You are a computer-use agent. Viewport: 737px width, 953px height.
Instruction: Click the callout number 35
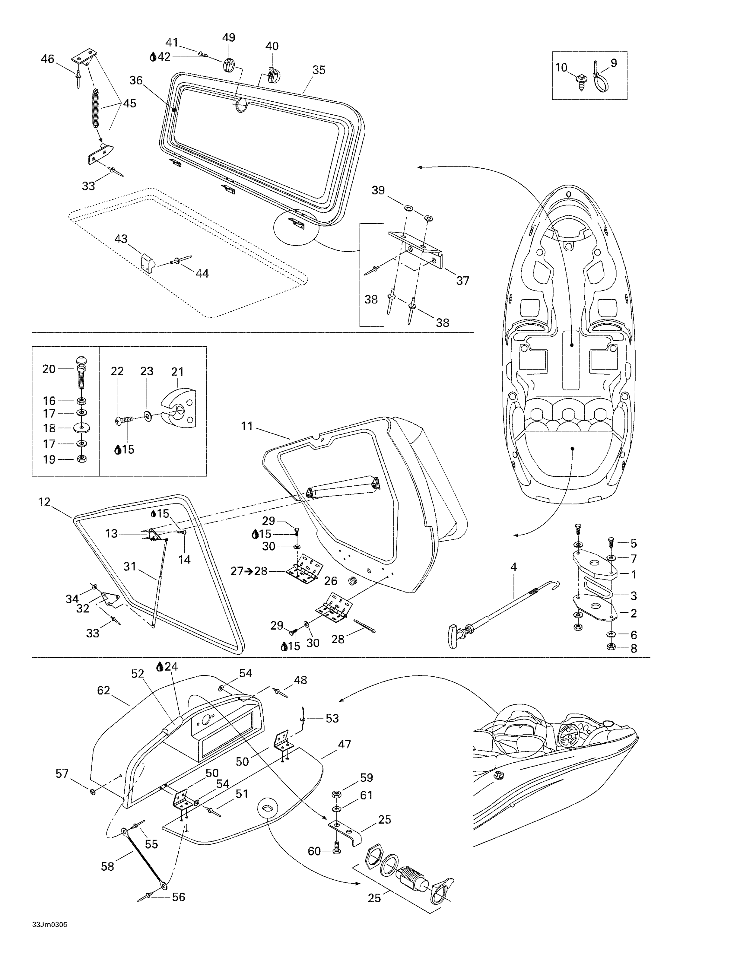pos(319,70)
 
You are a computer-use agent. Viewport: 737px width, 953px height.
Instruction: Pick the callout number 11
pos(247,426)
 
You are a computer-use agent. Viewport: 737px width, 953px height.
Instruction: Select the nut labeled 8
pos(611,647)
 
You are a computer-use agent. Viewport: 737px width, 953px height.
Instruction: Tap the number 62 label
pos(103,690)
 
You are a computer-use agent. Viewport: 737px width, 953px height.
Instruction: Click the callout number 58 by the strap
pos(107,866)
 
